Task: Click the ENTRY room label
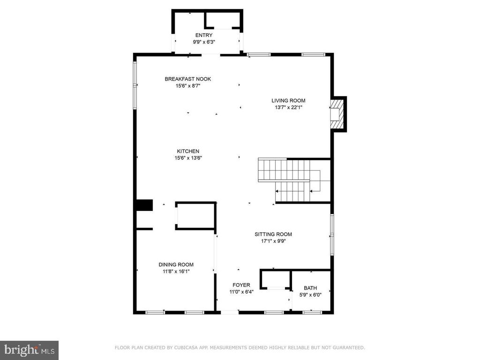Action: coord(204,35)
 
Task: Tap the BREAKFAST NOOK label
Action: coord(188,79)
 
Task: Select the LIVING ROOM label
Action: coord(288,100)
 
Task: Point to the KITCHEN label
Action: coord(188,151)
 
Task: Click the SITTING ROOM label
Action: coord(273,234)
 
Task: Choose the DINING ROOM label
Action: coord(176,264)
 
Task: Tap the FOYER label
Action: coord(241,285)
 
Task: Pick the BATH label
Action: coord(310,288)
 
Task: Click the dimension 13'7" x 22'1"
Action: coord(289,107)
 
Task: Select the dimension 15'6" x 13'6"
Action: coord(188,158)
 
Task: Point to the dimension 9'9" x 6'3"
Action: coord(204,42)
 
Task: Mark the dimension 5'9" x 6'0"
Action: coord(310,295)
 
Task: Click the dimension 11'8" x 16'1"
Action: coord(176,271)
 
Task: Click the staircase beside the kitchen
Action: coord(294,180)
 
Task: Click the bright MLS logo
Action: coord(29,350)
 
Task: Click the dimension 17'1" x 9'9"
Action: coord(273,241)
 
